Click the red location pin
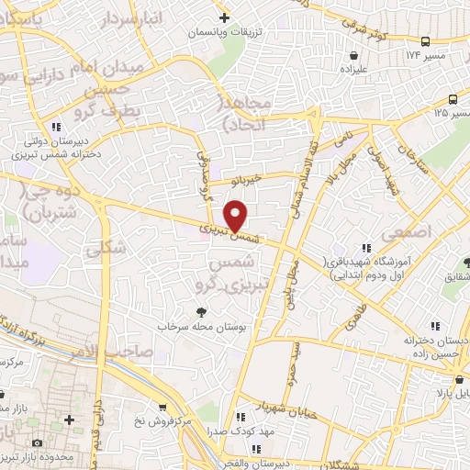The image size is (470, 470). (236, 216)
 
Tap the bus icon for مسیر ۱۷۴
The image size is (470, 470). (425, 41)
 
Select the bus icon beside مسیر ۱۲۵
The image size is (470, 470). (453, 100)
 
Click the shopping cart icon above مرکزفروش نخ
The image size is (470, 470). (162, 407)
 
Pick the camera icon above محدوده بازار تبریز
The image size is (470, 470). (37, 442)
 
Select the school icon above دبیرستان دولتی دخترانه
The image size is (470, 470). (56, 127)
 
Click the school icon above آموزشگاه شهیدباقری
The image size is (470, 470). (366, 248)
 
